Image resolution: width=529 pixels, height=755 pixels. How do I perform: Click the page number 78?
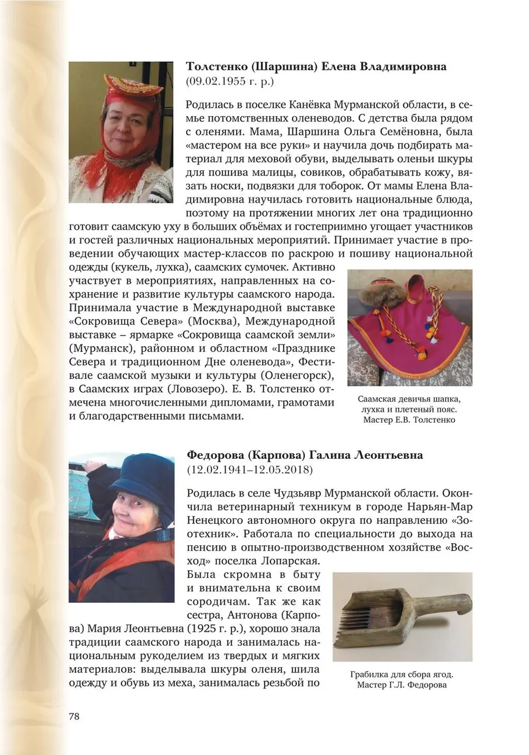coord(74,716)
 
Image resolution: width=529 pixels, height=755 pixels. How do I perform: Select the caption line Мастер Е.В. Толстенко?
coord(409,419)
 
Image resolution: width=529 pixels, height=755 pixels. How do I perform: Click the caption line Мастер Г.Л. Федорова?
coord(402,685)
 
